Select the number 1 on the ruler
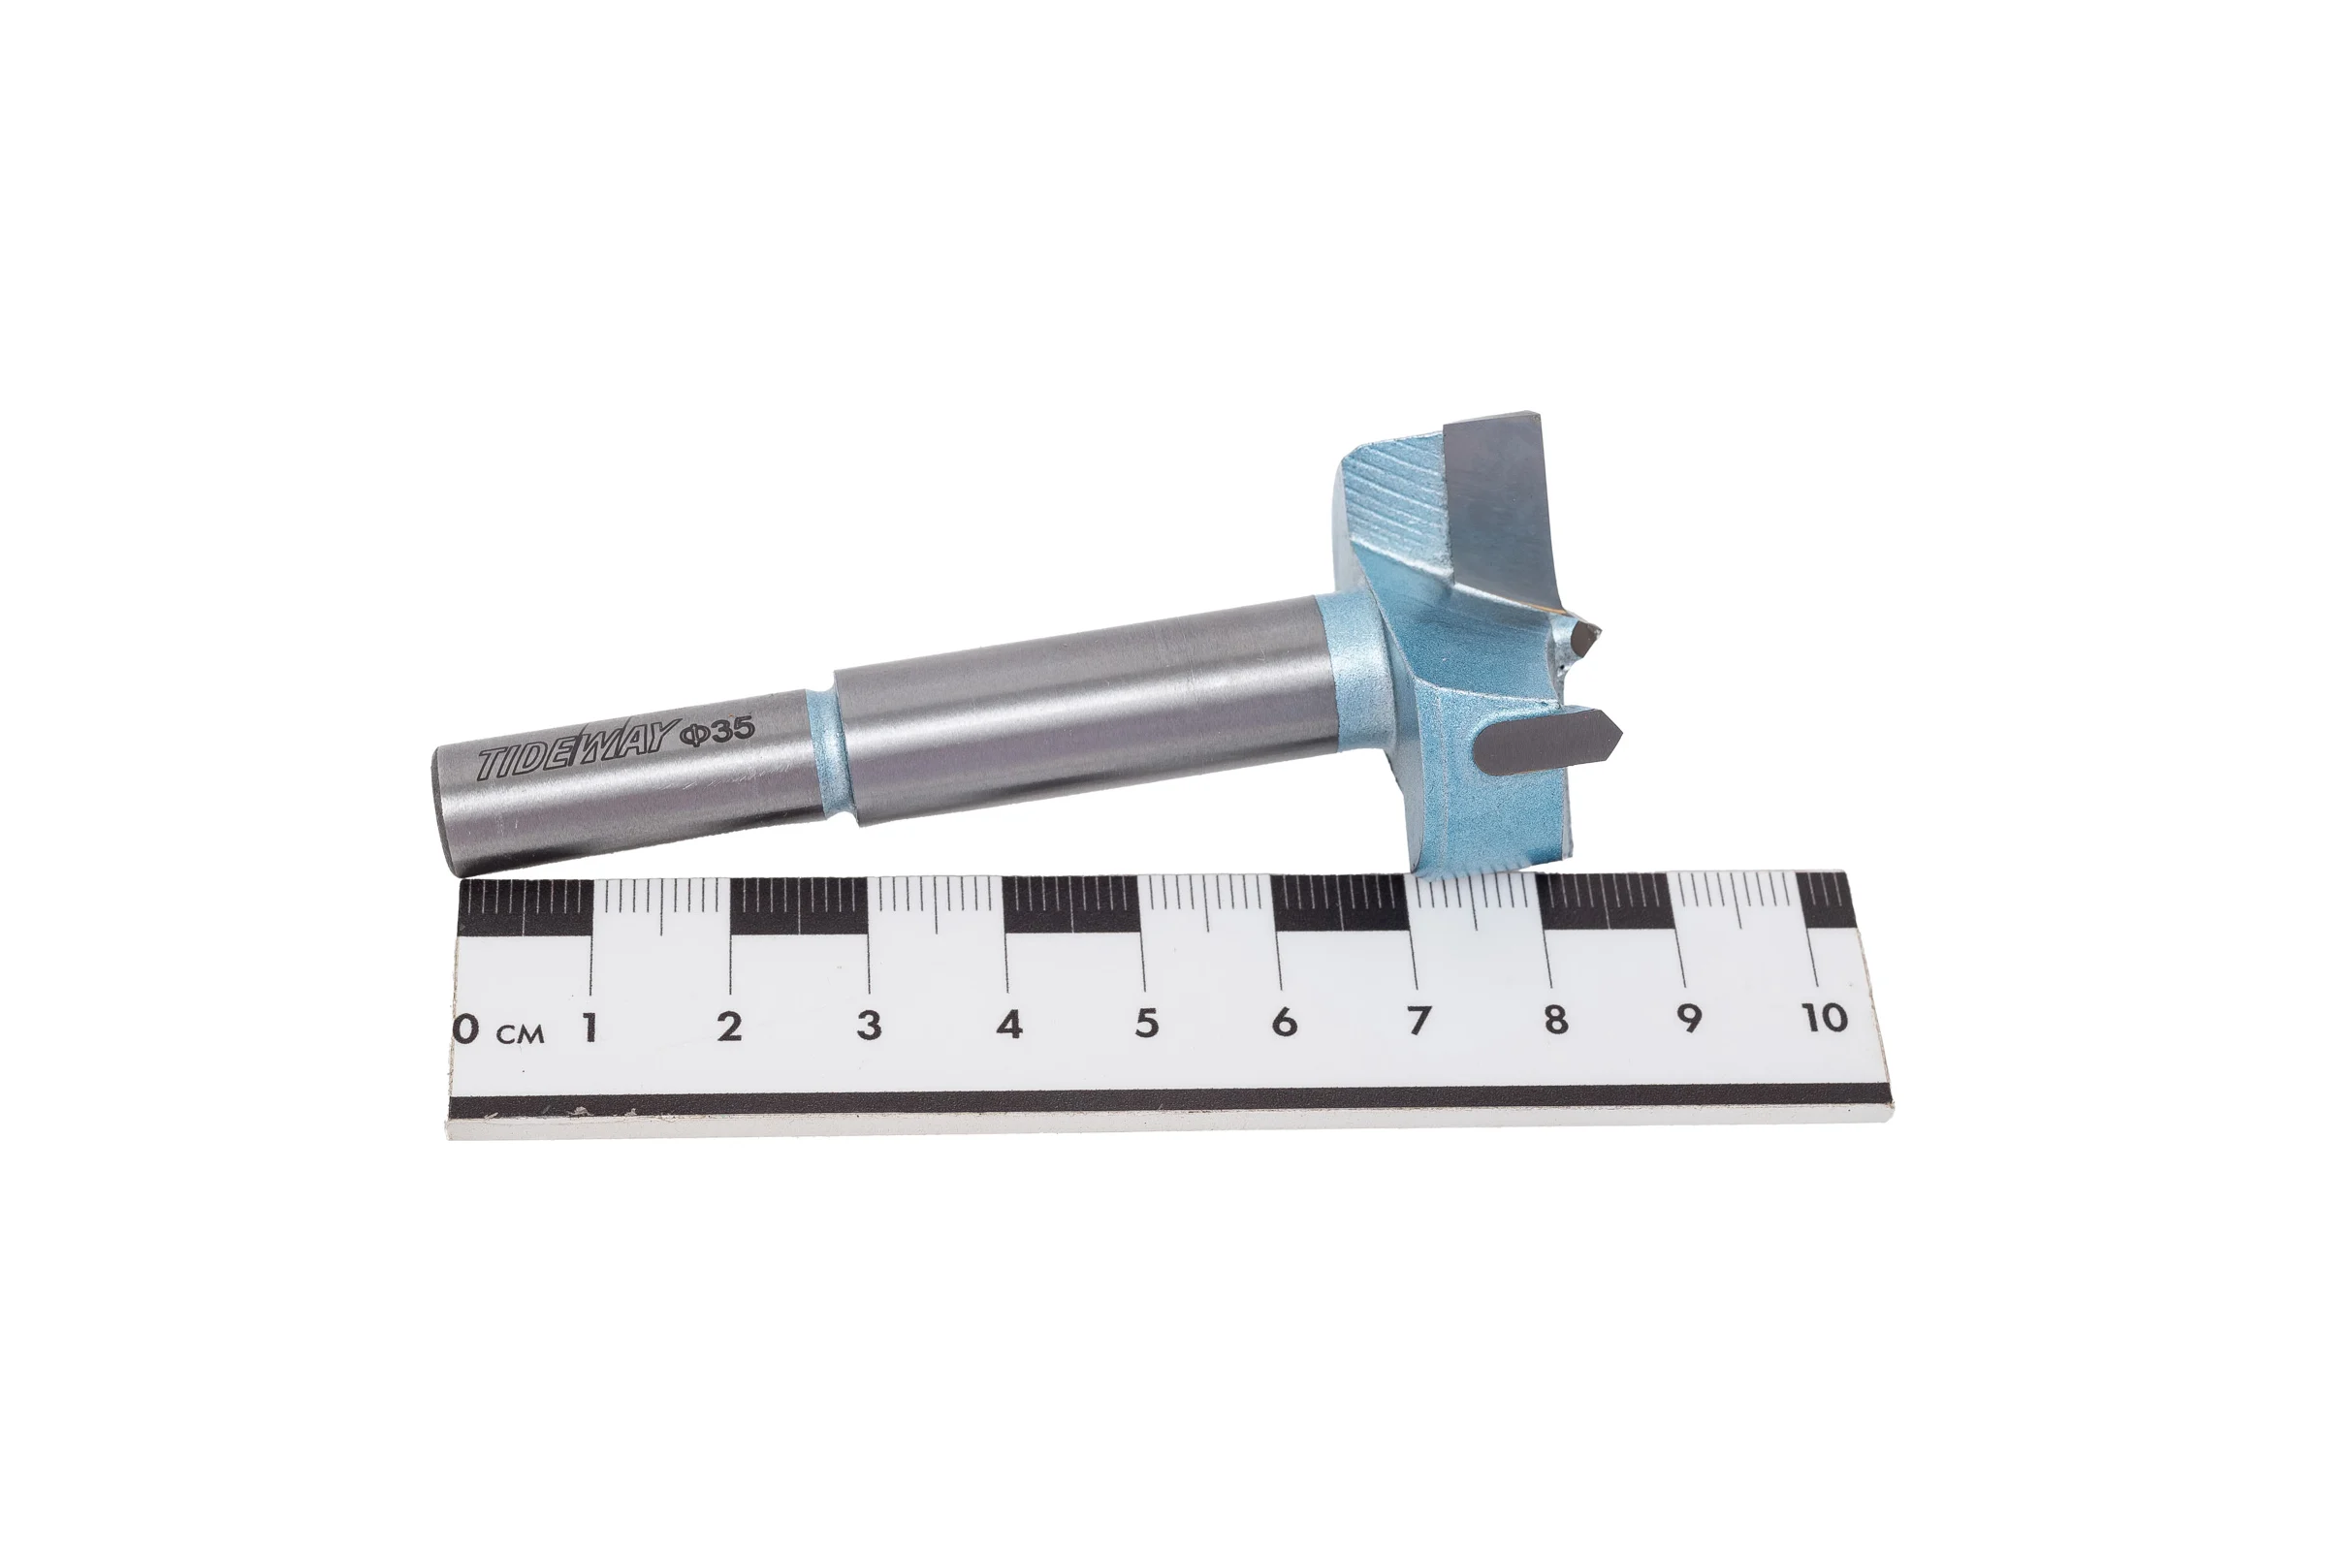[590, 1028]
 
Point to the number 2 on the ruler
[729, 1027]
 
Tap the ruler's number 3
[869, 1025]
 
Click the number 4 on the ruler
[1009, 1024]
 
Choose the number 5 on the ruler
[1147, 1023]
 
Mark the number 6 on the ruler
[1284, 1021]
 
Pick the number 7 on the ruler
[1419, 1020]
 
